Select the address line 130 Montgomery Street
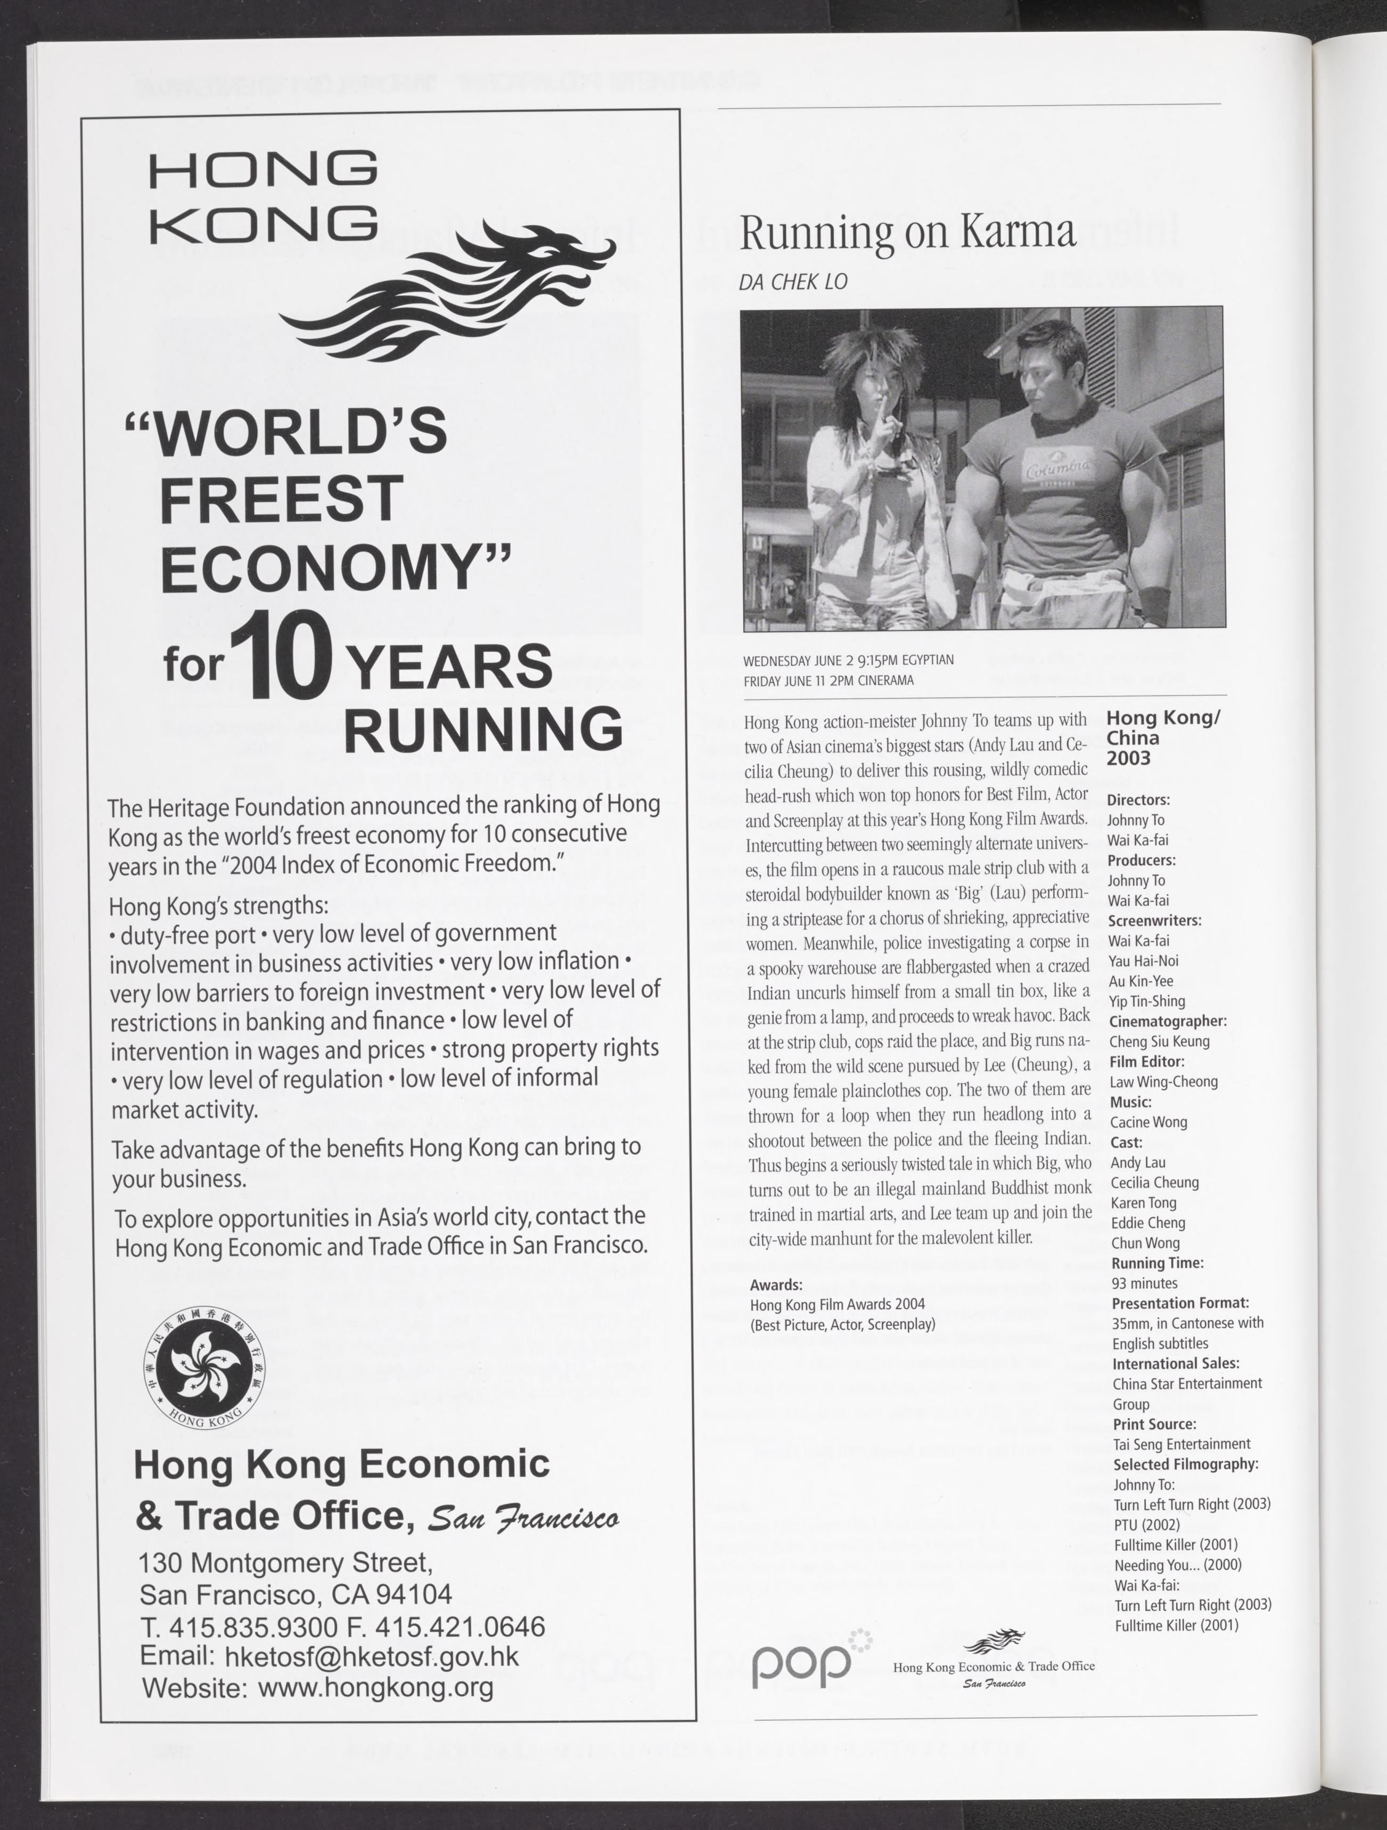pos(285,1563)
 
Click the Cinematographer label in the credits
pos(1168,1022)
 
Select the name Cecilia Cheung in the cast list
pos(1154,1183)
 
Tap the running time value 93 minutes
pos(1145,1283)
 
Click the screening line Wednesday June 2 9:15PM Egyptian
pos(848,660)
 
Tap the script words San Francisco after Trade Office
pos(523,1519)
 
